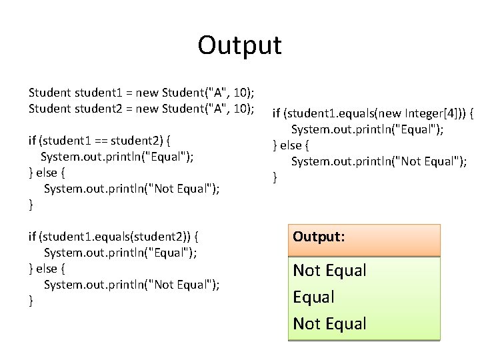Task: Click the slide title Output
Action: point(239,45)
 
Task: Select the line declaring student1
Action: point(143,92)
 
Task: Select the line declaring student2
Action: point(143,108)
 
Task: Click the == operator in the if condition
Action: point(100,141)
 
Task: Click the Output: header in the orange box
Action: point(319,237)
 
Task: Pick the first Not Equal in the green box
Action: point(330,271)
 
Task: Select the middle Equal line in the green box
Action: point(314,297)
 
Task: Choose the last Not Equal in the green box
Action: point(330,323)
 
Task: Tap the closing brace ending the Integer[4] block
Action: point(275,177)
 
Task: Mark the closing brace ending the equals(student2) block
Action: point(31,301)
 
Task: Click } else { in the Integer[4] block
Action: point(293,145)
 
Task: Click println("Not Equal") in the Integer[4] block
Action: point(400,161)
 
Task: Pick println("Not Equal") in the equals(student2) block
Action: point(153,285)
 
